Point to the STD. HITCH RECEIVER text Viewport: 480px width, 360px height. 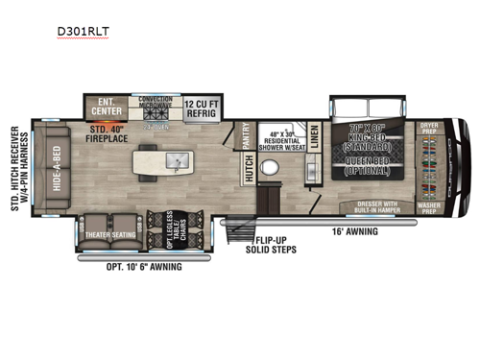(x=14, y=165)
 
